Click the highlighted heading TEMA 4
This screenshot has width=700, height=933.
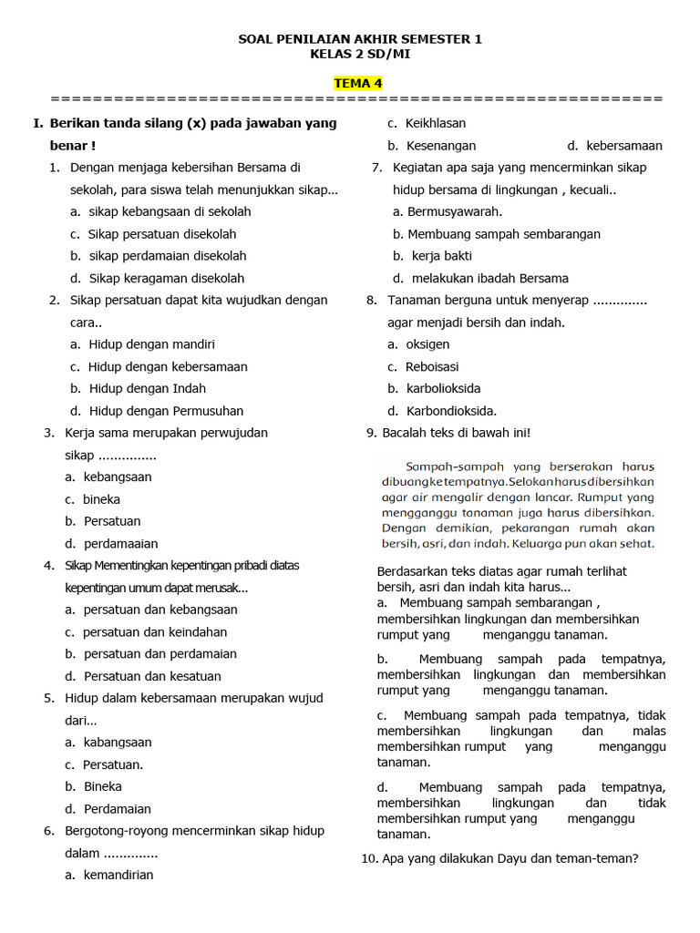[x=358, y=84]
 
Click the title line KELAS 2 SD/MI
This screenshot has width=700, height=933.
[x=359, y=54]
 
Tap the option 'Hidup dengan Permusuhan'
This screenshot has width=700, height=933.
[x=166, y=411]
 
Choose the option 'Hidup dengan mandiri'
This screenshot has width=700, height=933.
[x=151, y=344]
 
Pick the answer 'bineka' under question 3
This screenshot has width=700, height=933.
[x=101, y=499]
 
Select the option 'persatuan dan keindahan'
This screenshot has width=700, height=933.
[x=155, y=632]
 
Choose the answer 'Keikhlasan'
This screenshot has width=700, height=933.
[x=436, y=123]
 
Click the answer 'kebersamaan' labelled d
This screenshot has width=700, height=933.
[x=623, y=146]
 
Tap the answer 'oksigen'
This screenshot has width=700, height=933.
[x=427, y=344]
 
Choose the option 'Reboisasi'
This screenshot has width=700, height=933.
[x=432, y=366]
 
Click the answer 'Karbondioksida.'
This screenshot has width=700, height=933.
[x=451, y=411]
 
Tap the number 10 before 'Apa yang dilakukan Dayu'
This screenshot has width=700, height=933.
[x=369, y=858]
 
